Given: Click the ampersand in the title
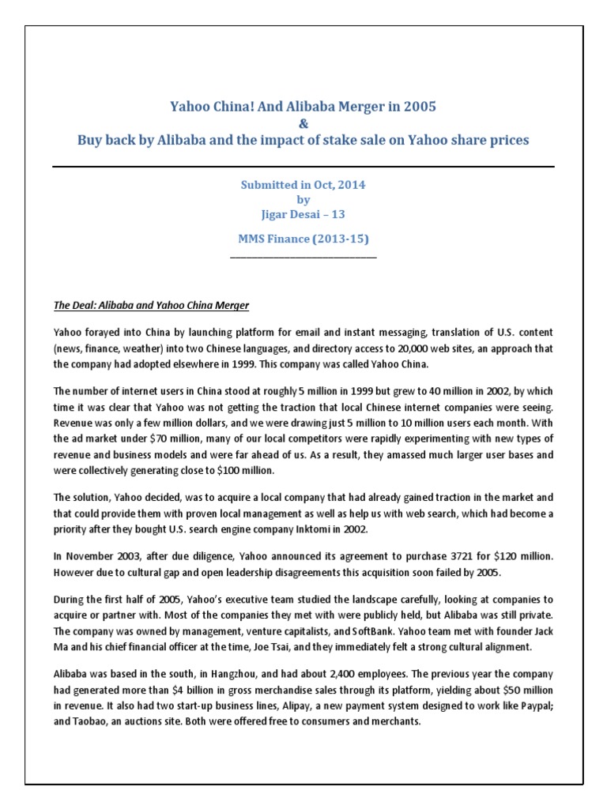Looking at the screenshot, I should pyautogui.click(x=303, y=123).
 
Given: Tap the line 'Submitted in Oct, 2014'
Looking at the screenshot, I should pyautogui.click(x=303, y=184).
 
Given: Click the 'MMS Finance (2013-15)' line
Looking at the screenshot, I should pyautogui.click(x=303, y=239).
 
